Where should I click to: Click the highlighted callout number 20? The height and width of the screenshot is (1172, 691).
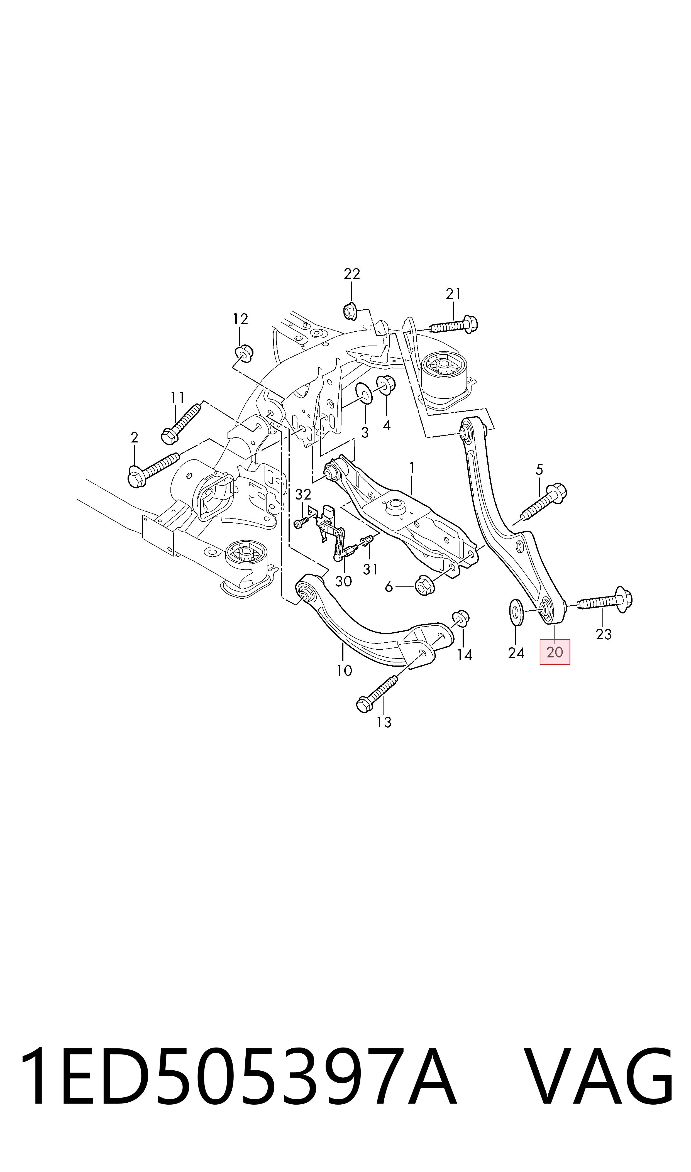point(555,652)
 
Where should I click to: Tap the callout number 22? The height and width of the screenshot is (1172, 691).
point(352,274)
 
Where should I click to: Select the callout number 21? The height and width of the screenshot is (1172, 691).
point(453,294)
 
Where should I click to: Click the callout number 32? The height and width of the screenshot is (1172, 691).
point(303,494)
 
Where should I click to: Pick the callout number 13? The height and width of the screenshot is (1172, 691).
point(384,722)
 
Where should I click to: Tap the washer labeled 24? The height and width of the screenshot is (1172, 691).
point(516,613)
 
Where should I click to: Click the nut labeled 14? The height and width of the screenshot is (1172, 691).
point(460,617)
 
